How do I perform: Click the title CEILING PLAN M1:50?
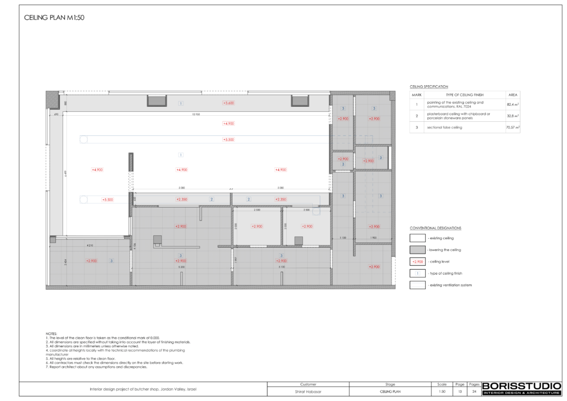[54, 18]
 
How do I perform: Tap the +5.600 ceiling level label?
[228, 103]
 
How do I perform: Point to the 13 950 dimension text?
[195, 115]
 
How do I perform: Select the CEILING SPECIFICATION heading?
[429, 87]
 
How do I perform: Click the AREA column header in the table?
[513, 95]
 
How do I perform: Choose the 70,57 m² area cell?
[513, 127]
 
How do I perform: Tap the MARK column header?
[417, 95]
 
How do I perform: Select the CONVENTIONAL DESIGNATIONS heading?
[436, 228]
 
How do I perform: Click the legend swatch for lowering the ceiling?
[417, 250]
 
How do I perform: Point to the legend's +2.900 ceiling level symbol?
[417, 261]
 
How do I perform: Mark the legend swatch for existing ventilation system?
[417, 285]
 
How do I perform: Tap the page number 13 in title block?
[460, 391]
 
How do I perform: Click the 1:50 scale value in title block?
[442, 391]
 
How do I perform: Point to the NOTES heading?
[51, 334]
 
